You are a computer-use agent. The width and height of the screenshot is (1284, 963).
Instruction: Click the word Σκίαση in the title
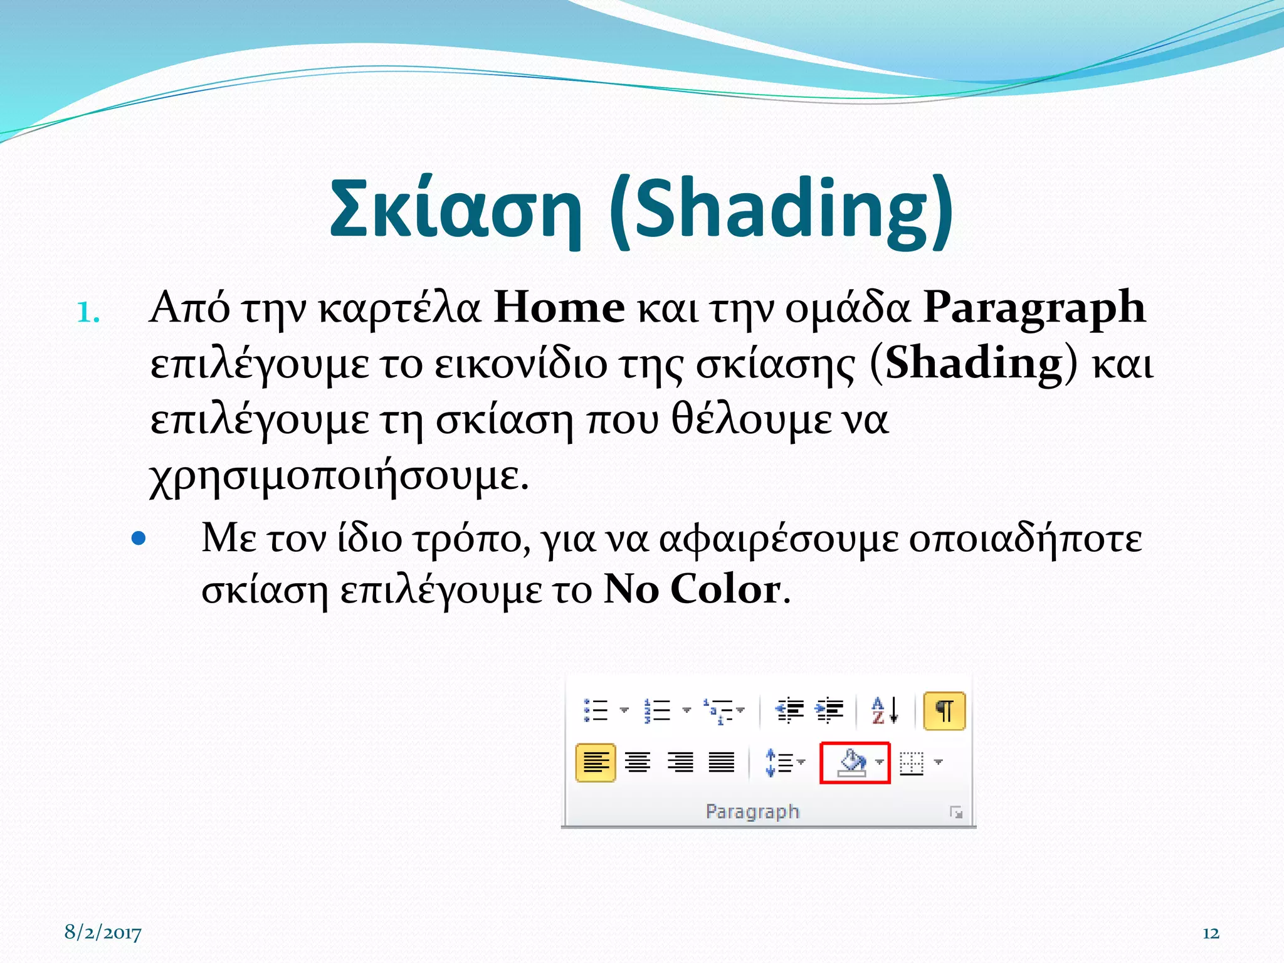click(x=455, y=209)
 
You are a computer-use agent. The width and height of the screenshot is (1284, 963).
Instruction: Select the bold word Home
click(x=559, y=308)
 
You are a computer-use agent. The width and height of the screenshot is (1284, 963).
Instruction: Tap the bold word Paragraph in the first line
click(x=1034, y=308)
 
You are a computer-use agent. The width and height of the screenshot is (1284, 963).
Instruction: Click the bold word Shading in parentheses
click(x=974, y=364)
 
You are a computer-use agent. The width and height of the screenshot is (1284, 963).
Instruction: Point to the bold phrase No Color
click(x=692, y=589)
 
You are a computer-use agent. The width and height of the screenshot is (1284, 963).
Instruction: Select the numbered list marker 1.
click(x=88, y=312)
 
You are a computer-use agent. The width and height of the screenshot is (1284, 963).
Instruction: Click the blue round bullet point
click(x=139, y=538)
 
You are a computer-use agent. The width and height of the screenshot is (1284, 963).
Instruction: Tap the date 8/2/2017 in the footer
click(x=103, y=932)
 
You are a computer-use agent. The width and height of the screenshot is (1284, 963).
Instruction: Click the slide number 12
click(x=1210, y=933)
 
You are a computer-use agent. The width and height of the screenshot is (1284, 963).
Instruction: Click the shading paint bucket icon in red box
click(x=852, y=763)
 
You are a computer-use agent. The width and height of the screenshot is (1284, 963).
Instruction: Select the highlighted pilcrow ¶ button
click(x=944, y=711)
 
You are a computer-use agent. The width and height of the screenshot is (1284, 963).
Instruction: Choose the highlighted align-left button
click(x=595, y=763)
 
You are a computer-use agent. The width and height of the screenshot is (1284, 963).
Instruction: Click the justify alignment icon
click(x=721, y=763)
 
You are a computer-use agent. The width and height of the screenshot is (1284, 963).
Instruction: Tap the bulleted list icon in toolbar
click(x=596, y=711)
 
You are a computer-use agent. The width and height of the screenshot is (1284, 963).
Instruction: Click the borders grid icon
click(x=912, y=763)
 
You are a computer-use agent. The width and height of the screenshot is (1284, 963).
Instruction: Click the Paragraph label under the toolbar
click(x=752, y=811)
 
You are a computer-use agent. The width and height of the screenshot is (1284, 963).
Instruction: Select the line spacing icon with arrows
click(x=779, y=763)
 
